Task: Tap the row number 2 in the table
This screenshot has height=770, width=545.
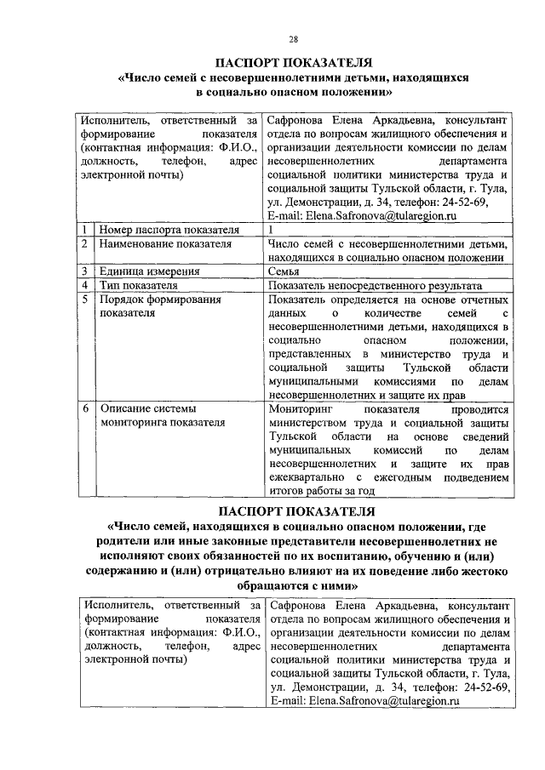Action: coord(86,243)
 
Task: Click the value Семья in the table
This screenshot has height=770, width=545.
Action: coord(284,271)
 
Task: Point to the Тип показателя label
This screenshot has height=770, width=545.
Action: coord(138,286)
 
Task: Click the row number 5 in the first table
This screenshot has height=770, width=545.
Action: coord(86,299)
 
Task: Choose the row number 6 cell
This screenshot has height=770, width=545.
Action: coord(86,409)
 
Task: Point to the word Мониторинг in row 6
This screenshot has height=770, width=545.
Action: coord(296,409)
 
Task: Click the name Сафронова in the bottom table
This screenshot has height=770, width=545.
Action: coord(298,605)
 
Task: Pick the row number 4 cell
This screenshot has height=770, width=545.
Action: coord(86,286)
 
